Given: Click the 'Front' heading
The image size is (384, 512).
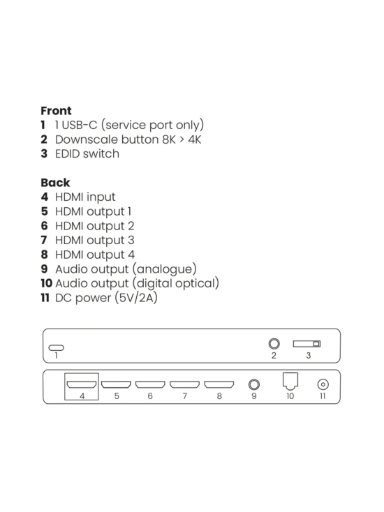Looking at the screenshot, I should (56, 111).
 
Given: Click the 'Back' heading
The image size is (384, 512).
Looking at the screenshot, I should (55, 183).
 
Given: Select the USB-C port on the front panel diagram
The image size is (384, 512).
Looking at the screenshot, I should (56, 347).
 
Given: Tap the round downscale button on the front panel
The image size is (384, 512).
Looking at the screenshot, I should (274, 343).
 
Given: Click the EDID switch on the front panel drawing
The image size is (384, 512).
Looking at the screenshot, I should (307, 343).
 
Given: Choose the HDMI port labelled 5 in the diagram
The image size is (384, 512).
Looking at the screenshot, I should (116, 384).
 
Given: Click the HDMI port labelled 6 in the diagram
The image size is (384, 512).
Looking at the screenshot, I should (150, 384).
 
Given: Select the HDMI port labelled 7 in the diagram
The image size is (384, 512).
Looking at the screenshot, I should (184, 384).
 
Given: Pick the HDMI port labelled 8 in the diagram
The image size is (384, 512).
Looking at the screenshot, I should (219, 384).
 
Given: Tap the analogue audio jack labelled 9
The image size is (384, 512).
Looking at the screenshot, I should (254, 384).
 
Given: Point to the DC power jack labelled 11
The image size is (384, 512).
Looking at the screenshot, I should (323, 384).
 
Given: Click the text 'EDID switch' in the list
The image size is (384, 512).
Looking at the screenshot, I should (87, 154).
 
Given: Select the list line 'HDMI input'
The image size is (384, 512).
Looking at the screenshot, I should (85, 197).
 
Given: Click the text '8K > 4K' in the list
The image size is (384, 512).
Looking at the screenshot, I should (177, 140).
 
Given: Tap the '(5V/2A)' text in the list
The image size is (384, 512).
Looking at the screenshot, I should (138, 298).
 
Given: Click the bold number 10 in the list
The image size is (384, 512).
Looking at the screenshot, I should (46, 283).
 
